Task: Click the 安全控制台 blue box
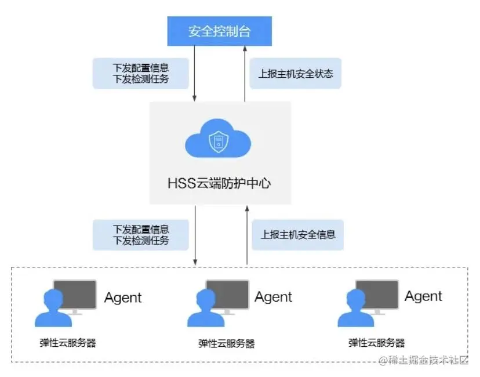[220, 31]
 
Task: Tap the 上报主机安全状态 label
[295, 74]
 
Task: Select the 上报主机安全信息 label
[297, 235]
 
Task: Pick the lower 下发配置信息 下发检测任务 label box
[141, 235]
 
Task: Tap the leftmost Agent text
[123, 298]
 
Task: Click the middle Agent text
[274, 297]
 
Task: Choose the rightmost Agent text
[423, 296]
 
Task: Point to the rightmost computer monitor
[377, 295]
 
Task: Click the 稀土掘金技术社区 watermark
[423, 361]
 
